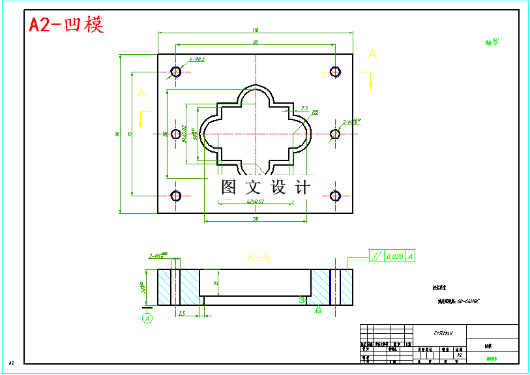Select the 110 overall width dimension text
(x=255, y=30)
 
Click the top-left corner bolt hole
(x=176, y=71)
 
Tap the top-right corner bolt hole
(x=336, y=71)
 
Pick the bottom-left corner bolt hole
(x=176, y=196)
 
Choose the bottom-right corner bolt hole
(x=336, y=196)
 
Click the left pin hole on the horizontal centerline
(x=176, y=134)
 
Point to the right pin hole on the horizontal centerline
(x=335, y=134)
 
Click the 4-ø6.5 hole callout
(x=197, y=59)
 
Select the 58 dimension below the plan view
(x=255, y=218)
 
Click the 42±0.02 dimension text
(x=255, y=202)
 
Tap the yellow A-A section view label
(x=258, y=258)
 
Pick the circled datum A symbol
(x=148, y=318)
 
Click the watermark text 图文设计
(x=265, y=187)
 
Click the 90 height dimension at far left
(x=118, y=134)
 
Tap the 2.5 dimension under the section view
(x=181, y=314)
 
